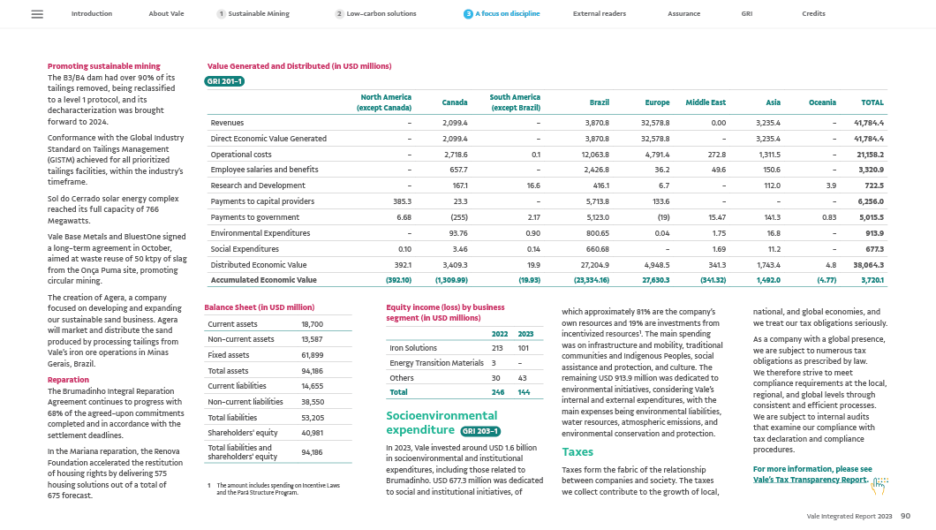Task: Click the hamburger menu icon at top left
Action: (37, 14)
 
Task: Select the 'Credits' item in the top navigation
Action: (813, 14)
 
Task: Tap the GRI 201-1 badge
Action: (223, 81)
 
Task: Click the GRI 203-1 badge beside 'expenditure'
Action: (481, 431)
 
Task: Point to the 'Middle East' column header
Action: (706, 102)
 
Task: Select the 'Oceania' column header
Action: (822, 102)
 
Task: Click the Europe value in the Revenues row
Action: (657, 122)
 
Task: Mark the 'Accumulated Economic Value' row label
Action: (263, 279)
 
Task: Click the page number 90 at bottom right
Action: (905, 515)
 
